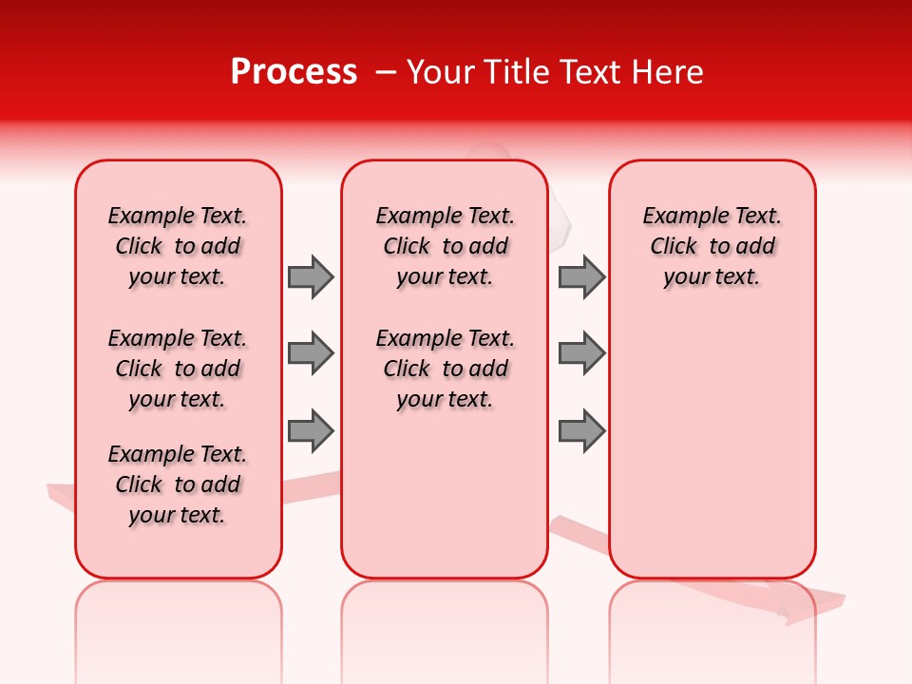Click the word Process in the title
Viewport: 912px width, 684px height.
click(294, 72)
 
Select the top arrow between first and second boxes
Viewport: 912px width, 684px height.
click(310, 276)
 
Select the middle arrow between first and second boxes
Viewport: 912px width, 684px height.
click(310, 353)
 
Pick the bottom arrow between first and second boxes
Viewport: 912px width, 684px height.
click(310, 431)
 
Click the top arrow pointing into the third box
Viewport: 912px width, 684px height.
click(581, 276)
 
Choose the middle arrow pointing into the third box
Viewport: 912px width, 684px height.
click(581, 353)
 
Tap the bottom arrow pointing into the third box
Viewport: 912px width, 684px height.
click(581, 431)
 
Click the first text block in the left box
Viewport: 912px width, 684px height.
click(178, 246)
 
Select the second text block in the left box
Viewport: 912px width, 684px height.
click(178, 369)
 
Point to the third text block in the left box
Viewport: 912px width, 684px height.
click(178, 484)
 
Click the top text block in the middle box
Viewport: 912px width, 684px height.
click(445, 246)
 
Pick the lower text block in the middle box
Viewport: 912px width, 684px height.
click(445, 369)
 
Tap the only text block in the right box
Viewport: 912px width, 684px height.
click(712, 246)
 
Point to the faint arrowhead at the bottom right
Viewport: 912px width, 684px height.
click(807, 604)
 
